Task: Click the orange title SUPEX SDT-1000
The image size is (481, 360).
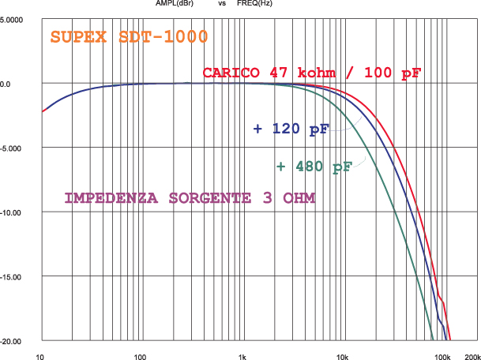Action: [129, 36]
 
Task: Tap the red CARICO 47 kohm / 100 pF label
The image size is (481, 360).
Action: [312, 73]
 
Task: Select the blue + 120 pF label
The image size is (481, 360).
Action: [291, 129]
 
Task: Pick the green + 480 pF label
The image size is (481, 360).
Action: [314, 167]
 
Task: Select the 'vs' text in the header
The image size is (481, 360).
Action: [222, 4]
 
